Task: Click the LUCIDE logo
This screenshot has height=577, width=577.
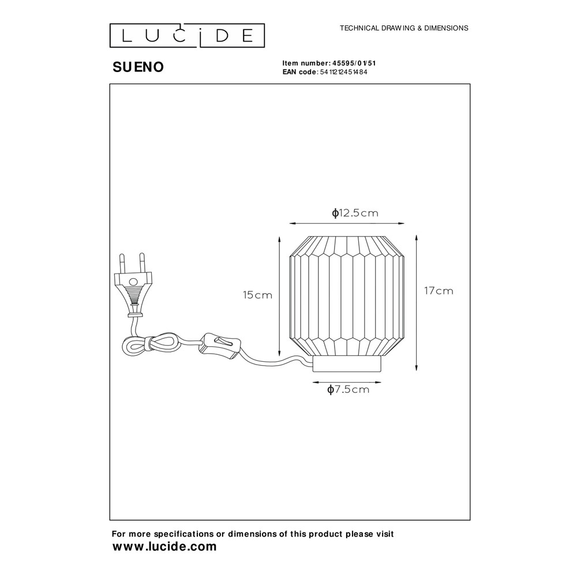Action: coord(187,36)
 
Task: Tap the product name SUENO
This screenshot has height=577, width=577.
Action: coord(138,68)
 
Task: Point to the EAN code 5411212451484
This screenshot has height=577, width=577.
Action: coord(343,72)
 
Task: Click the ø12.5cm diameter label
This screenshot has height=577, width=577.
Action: coord(355,213)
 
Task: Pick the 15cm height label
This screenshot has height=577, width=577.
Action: coord(257,295)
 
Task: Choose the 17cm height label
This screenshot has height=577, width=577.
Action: coord(439,291)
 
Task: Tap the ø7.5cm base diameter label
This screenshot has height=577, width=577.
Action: coord(348,389)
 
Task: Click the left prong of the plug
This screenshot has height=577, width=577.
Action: coord(122,263)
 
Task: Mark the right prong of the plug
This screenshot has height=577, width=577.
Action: coord(141,263)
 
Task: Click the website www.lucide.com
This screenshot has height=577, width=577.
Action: coord(164,546)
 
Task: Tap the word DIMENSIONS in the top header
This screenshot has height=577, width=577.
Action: coord(447,28)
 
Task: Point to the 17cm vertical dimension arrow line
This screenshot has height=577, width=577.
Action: coord(417,302)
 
